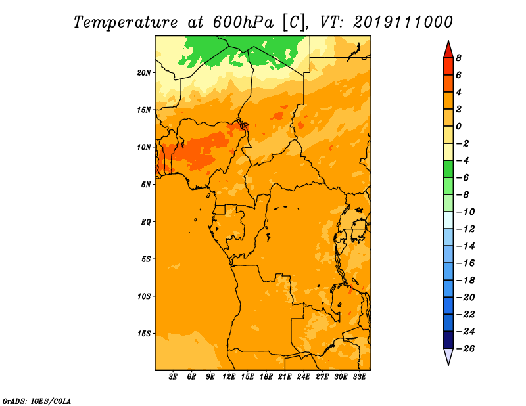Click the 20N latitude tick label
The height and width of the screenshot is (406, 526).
point(144,73)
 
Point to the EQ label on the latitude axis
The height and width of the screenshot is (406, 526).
point(145,222)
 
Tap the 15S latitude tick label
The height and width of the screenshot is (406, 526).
point(144,334)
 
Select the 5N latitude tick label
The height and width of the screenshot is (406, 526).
point(146,185)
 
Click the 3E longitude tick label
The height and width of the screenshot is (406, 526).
point(173,377)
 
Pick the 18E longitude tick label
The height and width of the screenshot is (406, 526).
point(266,377)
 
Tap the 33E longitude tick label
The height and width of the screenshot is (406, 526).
point(359,377)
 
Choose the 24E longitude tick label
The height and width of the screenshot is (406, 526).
point(303,377)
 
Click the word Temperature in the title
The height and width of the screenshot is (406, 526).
point(126,22)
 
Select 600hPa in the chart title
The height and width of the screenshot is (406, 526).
point(243,22)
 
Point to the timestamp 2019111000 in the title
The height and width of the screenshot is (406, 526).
point(403,22)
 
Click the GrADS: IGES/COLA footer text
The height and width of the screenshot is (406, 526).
point(37,401)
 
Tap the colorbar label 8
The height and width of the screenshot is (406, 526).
point(458,58)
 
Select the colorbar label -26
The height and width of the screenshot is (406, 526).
point(466,349)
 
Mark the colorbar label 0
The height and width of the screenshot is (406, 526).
point(458,126)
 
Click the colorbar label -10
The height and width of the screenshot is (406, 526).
point(466,212)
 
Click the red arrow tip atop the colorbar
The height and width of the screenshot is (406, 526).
point(448,41)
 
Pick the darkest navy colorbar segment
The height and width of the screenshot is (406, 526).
point(448,340)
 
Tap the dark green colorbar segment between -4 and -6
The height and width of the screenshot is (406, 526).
point(448,169)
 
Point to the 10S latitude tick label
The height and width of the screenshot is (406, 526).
point(144,296)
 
